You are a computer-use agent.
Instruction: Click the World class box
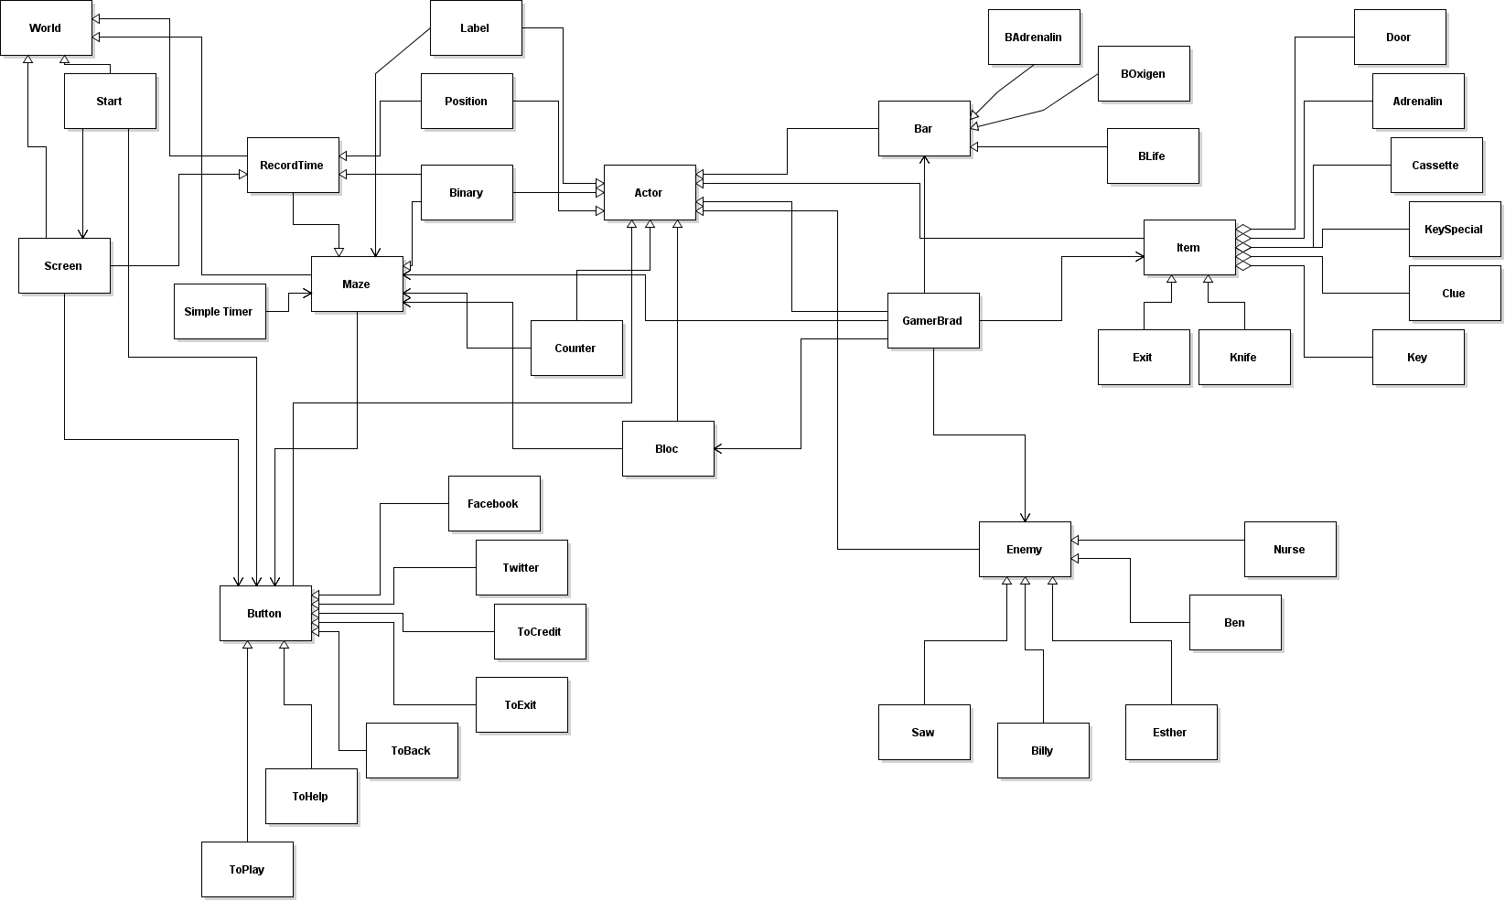pos(46,27)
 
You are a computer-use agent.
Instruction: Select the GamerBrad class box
pos(933,320)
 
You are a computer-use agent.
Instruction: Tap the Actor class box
pos(650,192)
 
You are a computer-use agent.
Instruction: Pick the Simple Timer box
pos(220,311)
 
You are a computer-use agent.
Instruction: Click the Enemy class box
pos(1025,549)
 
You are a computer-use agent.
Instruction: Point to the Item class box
pos(1189,247)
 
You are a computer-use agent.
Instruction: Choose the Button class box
pos(265,613)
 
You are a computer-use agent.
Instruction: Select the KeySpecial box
pos(1454,229)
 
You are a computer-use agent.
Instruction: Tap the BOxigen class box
pos(1144,73)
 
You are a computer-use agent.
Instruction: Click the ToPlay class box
pos(247,869)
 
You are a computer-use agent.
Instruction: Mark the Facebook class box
pos(494,503)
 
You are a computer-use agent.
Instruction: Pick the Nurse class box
pos(1290,549)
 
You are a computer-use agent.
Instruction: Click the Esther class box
pos(1171,732)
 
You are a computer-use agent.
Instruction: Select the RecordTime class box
pos(293,165)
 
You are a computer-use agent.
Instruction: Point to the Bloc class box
pos(668,448)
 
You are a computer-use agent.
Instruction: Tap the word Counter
pos(575,349)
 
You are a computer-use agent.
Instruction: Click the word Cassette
pos(1435,166)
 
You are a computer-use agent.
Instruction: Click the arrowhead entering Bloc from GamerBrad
pos(719,448)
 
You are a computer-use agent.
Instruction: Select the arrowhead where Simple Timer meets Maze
pos(307,294)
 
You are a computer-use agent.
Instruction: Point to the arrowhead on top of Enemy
pos(1025,517)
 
